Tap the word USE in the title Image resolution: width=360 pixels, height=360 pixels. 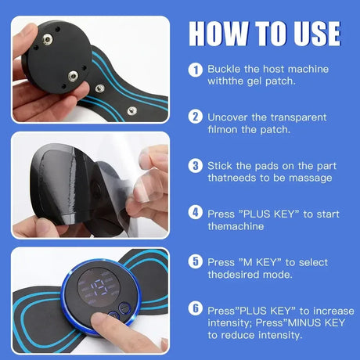click(x=312, y=34)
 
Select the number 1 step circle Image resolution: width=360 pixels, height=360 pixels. click(x=195, y=69)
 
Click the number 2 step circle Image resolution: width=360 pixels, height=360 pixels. click(x=195, y=117)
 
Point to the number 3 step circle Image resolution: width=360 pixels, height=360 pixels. click(x=195, y=165)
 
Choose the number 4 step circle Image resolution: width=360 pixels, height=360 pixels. click(x=195, y=212)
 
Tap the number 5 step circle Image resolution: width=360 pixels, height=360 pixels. click(x=195, y=261)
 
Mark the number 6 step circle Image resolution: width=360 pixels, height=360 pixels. click(x=195, y=309)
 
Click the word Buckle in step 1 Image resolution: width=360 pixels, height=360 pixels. click(x=223, y=69)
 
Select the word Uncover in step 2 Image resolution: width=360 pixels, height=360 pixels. click(x=229, y=117)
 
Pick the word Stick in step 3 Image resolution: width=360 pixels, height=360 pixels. click(x=221, y=166)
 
